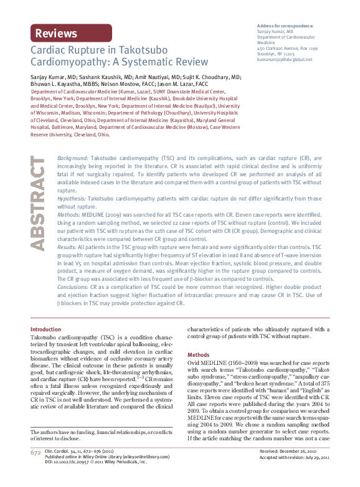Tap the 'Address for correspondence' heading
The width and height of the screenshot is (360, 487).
pos(285,26)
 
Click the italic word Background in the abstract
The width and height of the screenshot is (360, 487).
pos(72,141)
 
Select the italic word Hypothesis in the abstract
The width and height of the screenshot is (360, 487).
pos(72,197)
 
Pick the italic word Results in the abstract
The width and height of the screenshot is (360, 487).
pos(68,247)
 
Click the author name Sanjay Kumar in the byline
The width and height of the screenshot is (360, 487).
pos(49,73)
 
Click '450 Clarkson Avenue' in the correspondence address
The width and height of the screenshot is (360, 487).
pos(278,49)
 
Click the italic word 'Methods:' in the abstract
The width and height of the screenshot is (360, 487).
pos(69,214)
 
